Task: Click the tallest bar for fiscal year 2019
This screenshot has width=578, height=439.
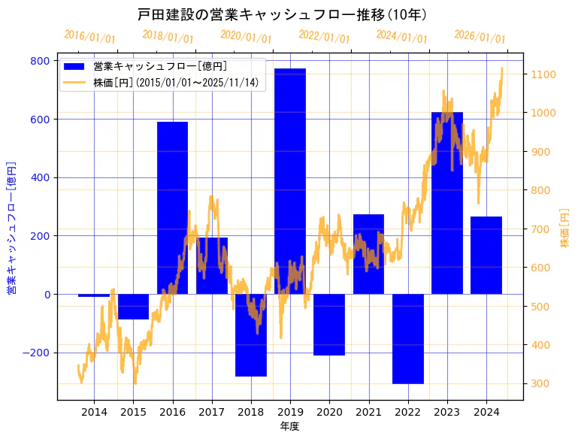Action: [x=289, y=181]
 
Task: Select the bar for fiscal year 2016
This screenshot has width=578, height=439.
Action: [x=172, y=207]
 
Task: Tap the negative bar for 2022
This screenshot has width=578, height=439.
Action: [x=407, y=338]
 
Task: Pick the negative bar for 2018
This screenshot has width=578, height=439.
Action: [x=250, y=335]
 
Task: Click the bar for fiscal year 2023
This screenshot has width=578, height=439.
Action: [x=446, y=203]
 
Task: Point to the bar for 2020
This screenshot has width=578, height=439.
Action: [x=329, y=324]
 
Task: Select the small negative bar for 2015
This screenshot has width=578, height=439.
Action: [x=133, y=307]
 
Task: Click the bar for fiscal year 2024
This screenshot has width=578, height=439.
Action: [x=486, y=255]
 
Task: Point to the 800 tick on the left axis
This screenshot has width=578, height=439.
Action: [x=41, y=61]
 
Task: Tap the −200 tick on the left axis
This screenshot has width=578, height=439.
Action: [x=37, y=353]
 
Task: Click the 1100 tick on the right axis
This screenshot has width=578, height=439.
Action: [x=543, y=74]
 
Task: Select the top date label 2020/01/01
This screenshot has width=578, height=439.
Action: [x=246, y=37]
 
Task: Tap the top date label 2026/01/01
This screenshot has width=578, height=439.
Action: [x=480, y=37]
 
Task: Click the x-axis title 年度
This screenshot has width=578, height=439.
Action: [x=289, y=426]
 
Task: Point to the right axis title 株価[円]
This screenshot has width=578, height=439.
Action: [x=565, y=229]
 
